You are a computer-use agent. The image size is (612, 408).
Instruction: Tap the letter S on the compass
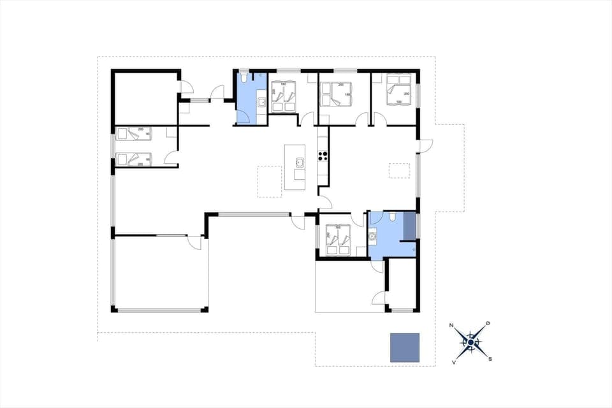(490, 359)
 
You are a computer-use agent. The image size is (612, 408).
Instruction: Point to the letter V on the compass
(454, 361)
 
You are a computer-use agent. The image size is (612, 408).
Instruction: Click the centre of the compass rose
(470, 342)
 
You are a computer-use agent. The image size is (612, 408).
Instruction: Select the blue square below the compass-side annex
(405, 347)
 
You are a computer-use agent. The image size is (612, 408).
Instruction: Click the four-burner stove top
(323, 154)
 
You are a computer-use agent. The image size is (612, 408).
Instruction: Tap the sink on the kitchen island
(299, 163)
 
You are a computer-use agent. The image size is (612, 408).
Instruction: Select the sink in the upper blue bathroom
(261, 102)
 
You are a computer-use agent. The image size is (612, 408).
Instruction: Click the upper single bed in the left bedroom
(133, 134)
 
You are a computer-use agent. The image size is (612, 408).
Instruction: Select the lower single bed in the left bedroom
(133, 158)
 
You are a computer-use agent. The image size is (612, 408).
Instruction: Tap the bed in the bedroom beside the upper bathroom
(284, 98)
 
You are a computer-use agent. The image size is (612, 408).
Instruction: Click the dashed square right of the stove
(400, 170)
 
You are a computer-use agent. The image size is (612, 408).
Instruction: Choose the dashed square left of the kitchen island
(269, 181)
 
